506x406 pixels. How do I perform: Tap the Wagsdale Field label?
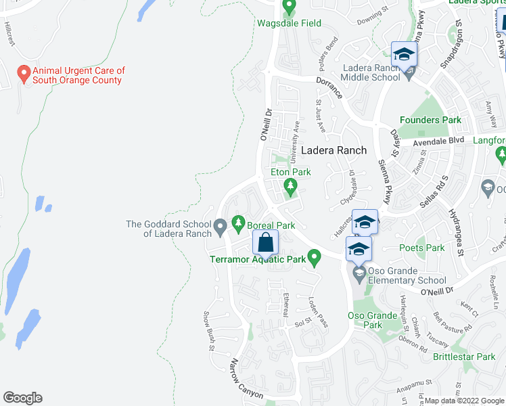click(289, 23)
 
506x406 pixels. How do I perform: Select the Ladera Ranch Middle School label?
click(371, 72)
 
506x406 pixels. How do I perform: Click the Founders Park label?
click(430, 120)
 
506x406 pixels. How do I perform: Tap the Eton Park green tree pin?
click(290, 185)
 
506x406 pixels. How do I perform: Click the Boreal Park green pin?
click(238, 222)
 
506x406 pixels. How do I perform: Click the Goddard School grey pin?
click(220, 227)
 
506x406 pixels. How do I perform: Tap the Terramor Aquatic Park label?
click(258, 258)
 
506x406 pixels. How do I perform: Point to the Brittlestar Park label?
click(464, 357)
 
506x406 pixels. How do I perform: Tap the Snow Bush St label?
click(208, 332)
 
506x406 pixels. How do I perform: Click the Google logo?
click(22, 398)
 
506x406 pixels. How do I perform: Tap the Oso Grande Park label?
click(371, 320)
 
